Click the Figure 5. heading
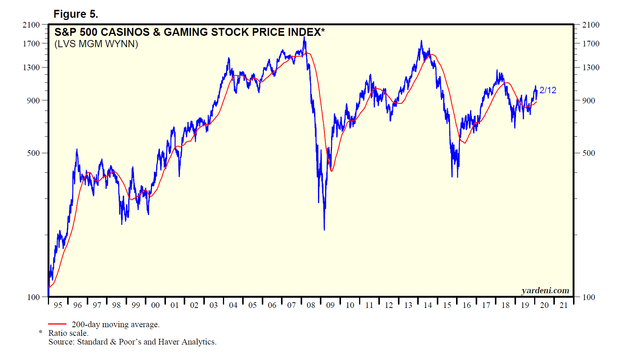click(x=75, y=14)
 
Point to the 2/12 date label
click(x=548, y=90)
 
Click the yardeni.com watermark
click(x=545, y=291)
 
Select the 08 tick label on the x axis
click(x=311, y=305)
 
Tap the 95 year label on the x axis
click(x=58, y=305)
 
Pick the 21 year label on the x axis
click(x=564, y=305)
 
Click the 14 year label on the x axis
click(x=427, y=305)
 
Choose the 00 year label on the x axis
click(x=155, y=305)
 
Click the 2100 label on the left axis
click(x=31, y=25)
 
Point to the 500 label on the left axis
click(x=33, y=153)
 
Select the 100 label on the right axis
click(x=588, y=297)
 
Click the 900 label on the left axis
click(x=33, y=101)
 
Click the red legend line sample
click(x=57, y=324)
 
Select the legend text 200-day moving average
click(x=115, y=325)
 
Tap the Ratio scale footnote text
click(x=68, y=333)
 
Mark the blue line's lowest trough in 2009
click(x=324, y=229)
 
